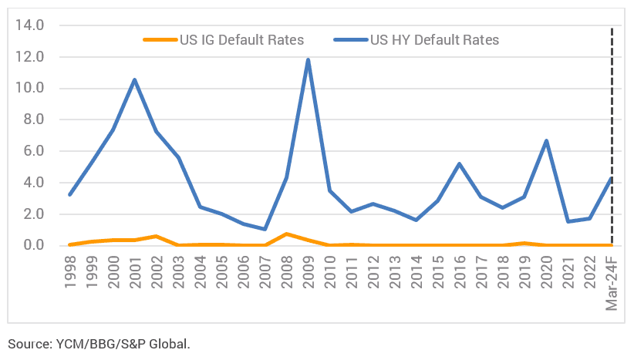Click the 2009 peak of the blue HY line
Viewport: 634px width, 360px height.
click(308, 60)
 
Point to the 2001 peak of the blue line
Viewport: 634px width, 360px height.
click(135, 79)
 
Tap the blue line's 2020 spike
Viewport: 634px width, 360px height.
click(547, 140)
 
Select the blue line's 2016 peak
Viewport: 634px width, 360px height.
click(460, 163)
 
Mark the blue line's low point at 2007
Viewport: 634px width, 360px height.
click(265, 229)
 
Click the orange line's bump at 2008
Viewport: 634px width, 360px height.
click(286, 234)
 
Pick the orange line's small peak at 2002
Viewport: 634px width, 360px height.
click(157, 236)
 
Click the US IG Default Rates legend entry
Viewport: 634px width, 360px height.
click(224, 40)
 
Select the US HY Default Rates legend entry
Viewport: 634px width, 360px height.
click(416, 40)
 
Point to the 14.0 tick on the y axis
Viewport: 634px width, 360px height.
click(29, 25)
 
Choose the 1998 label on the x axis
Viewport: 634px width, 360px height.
click(70, 272)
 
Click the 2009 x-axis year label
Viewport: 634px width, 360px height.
click(309, 272)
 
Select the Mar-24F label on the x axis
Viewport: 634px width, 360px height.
click(612, 283)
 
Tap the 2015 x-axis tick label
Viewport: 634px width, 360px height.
click(438, 272)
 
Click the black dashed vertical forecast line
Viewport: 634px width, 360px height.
click(612, 136)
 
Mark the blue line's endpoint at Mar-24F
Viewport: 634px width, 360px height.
click(612, 178)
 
